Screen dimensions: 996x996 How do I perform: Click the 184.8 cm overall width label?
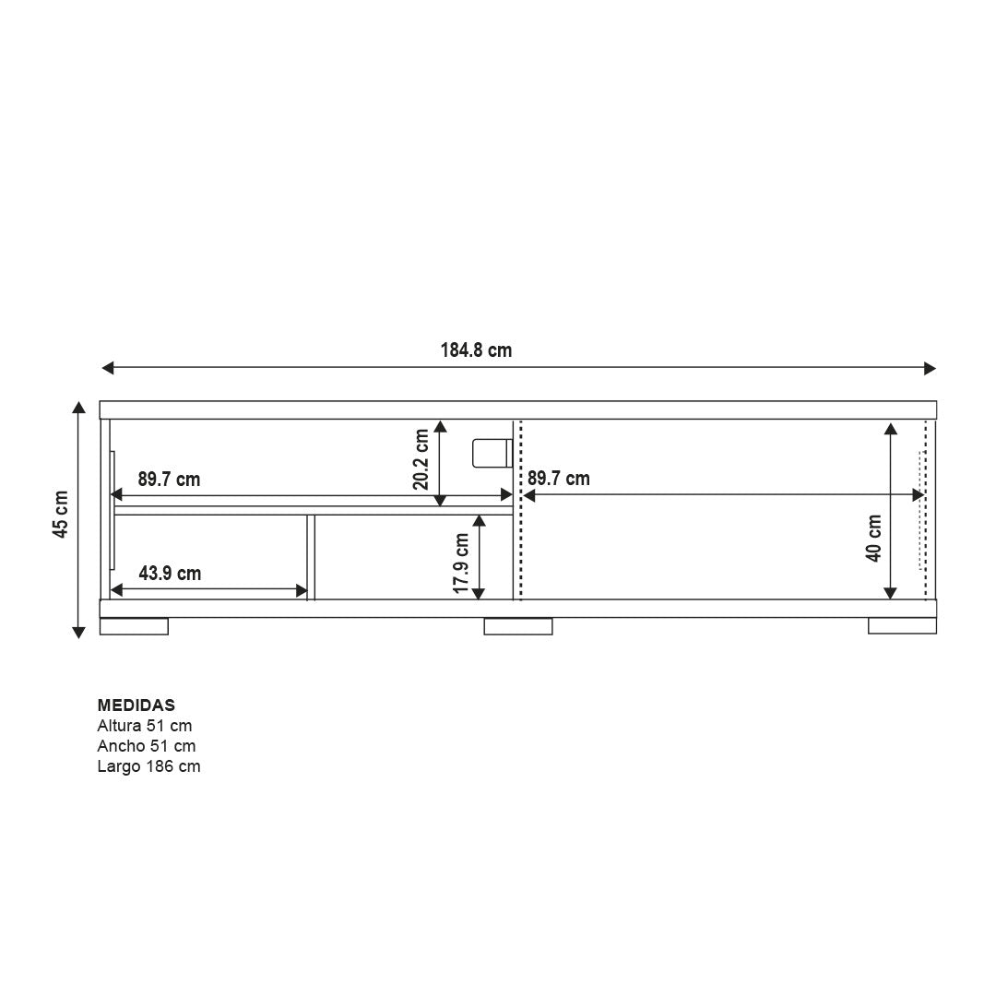tap(476, 350)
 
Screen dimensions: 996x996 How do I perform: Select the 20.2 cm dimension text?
tap(421, 459)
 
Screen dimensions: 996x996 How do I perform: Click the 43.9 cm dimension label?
tap(170, 574)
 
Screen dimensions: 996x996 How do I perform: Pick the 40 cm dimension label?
tap(873, 538)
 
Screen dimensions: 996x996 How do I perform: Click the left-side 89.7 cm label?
tap(169, 480)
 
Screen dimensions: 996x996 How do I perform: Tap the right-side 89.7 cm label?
tap(558, 479)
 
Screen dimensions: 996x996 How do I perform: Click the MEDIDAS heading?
tap(136, 705)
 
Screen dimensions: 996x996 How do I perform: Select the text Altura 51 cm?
tap(145, 726)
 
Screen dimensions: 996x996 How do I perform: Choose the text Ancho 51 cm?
tap(147, 746)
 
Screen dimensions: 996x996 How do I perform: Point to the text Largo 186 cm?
tap(148, 766)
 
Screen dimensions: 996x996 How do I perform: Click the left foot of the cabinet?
tap(134, 626)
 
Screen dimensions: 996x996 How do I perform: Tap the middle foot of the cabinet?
tap(518, 626)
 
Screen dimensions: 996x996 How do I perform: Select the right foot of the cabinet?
tap(902, 626)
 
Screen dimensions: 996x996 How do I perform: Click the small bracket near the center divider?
tap(492, 453)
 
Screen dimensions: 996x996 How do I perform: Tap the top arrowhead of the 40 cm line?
tap(890, 428)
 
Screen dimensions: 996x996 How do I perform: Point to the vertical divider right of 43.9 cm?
tap(311, 557)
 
